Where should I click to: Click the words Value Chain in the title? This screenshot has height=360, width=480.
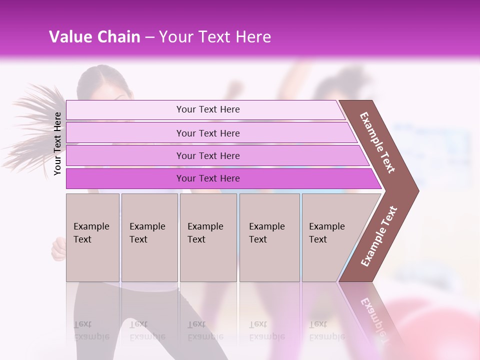pos(94,37)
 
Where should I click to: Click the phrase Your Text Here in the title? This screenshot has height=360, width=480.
pos(215,37)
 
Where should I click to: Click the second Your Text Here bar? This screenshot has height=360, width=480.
pos(208,133)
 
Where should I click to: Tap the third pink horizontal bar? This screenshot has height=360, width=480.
pos(208,155)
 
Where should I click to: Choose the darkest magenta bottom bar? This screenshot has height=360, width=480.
pos(208,178)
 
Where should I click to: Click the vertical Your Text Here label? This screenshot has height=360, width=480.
pos(58,143)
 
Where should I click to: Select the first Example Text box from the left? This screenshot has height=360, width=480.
pos(92,237)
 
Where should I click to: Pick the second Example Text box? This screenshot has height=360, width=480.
pos(149,237)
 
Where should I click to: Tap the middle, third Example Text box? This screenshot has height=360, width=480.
pos(208,237)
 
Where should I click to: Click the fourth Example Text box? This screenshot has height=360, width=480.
pos(269,237)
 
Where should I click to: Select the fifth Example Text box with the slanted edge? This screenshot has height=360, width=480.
pos(330,237)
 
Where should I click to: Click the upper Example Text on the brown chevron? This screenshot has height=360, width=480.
pos(378,142)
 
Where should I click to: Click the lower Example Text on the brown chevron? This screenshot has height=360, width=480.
pos(379,236)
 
